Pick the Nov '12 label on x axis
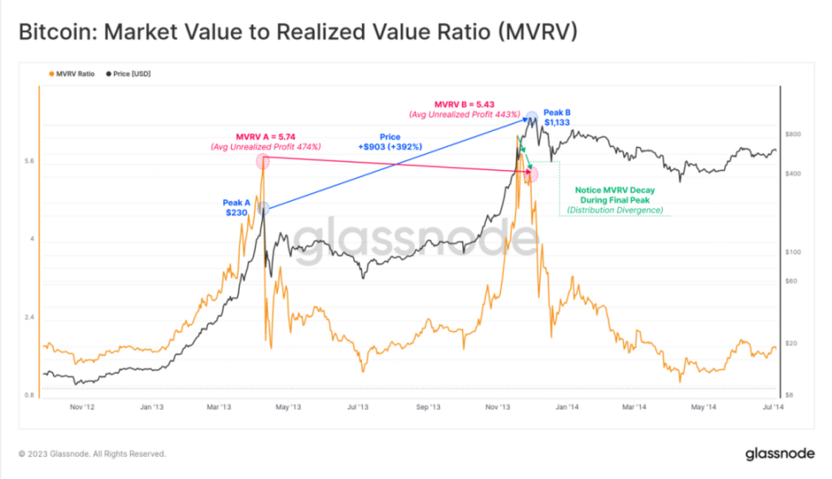(x=80, y=408)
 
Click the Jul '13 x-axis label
(x=358, y=408)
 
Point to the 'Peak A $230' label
(x=236, y=209)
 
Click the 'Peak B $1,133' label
(x=556, y=116)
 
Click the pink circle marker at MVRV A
(x=263, y=161)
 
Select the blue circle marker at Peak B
(x=532, y=117)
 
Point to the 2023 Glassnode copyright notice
(x=92, y=453)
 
